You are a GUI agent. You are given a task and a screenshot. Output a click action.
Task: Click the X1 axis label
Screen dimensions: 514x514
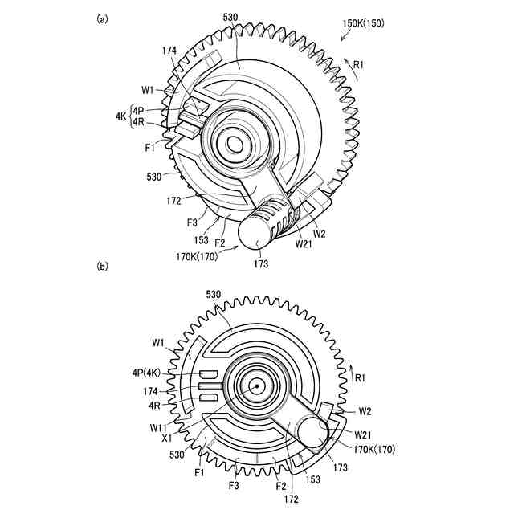[x=165, y=439]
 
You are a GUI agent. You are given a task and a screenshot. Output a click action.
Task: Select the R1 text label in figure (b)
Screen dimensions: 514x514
[x=362, y=376]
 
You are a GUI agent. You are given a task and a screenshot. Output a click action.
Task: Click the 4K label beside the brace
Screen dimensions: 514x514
[x=120, y=116]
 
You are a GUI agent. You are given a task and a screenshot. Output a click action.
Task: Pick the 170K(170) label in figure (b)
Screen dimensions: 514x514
[x=370, y=449]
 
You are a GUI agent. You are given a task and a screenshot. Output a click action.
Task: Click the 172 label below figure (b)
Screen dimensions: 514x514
[x=291, y=499]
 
